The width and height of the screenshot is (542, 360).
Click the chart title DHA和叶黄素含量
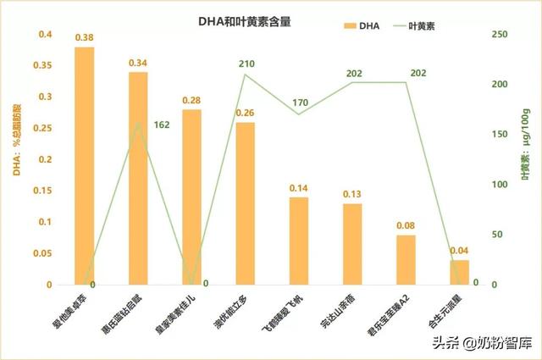click(246, 23)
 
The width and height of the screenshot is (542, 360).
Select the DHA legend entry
click(359, 25)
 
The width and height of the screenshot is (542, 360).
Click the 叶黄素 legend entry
click(441, 25)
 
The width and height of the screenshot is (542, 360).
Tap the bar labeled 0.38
click(85, 166)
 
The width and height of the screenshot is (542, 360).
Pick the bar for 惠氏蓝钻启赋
click(138, 179)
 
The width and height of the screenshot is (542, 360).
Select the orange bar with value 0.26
click(246, 203)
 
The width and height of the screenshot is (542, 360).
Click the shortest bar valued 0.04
click(460, 273)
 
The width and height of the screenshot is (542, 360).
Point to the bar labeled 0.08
click(406, 260)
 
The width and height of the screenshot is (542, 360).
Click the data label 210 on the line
click(246, 64)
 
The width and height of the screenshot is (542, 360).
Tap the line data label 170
click(300, 103)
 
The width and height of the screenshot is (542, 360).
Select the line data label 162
click(162, 125)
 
